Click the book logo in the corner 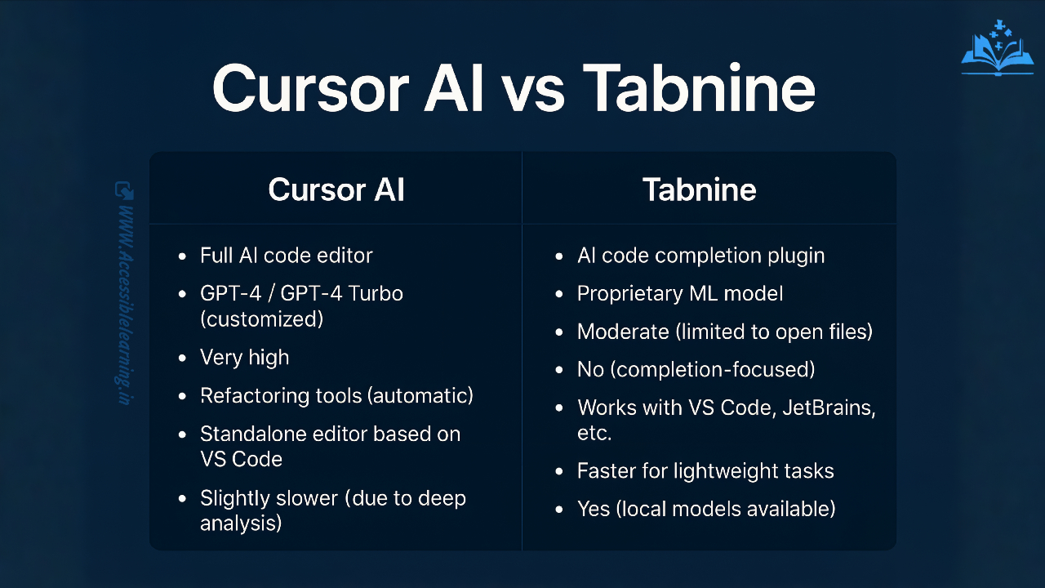pyautogui.click(x=997, y=50)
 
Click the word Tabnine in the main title pyautogui.click(x=699, y=88)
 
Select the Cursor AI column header pyautogui.click(x=336, y=189)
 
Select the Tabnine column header pyautogui.click(x=700, y=189)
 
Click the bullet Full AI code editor pyautogui.click(x=287, y=256)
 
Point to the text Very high pyautogui.click(x=245, y=358)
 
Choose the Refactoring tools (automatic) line pyautogui.click(x=336, y=396)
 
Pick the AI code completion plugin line pyautogui.click(x=700, y=256)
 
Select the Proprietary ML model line pyautogui.click(x=679, y=293)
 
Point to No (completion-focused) pyautogui.click(x=696, y=369)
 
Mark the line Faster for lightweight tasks pyautogui.click(x=705, y=471)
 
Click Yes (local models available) pyautogui.click(x=706, y=509)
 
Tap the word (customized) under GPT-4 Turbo pyautogui.click(x=261, y=318)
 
